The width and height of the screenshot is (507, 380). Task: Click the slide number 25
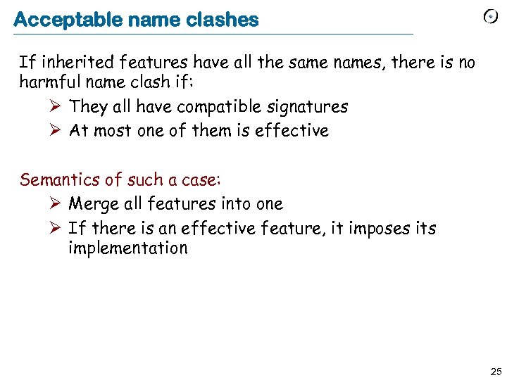pos(495,371)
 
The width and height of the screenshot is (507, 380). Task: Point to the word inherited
pos(68,63)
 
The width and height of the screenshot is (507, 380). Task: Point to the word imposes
pos(375,229)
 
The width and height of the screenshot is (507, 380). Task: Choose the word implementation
pos(128,248)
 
